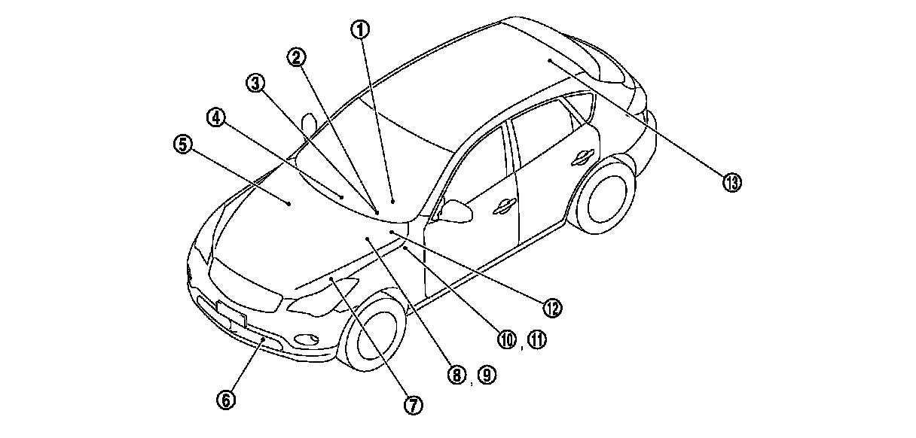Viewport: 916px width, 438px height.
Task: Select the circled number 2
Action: (x=298, y=56)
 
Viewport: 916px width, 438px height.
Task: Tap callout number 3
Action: (x=256, y=84)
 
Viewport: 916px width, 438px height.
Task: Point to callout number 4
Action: (x=217, y=117)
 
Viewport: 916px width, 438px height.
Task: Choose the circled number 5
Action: (x=182, y=144)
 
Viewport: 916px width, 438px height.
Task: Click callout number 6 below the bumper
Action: (x=225, y=400)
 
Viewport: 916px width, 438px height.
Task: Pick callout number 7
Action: (x=413, y=405)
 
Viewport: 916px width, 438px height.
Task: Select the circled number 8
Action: (x=456, y=375)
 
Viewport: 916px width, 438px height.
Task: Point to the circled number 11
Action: (x=536, y=339)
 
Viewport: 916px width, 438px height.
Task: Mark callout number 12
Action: (x=552, y=307)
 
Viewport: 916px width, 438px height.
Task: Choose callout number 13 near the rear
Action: (x=731, y=181)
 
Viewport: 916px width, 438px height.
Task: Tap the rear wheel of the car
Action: (x=607, y=193)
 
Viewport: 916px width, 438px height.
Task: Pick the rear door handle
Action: (x=583, y=157)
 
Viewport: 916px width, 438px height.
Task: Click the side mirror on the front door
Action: (x=456, y=210)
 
